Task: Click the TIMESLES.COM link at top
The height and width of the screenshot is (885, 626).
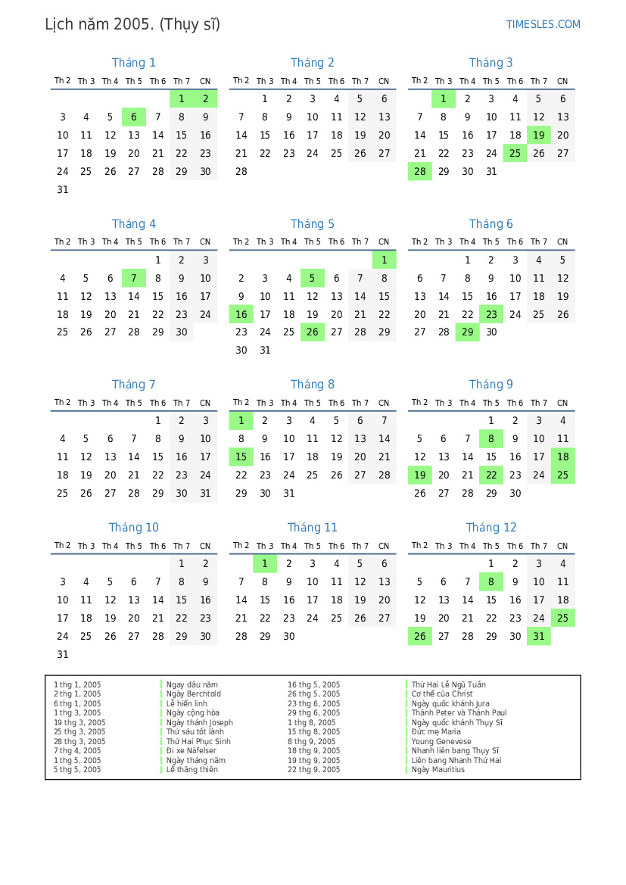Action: (x=543, y=24)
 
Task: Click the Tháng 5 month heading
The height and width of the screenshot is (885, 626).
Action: (x=312, y=224)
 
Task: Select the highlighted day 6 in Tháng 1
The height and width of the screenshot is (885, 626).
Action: (x=134, y=117)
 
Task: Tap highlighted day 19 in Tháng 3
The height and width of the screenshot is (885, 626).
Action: (x=539, y=136)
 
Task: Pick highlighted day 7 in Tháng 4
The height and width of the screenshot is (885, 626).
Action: (x=134, y=279)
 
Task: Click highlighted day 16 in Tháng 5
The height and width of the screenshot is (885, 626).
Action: (x=241, y=315)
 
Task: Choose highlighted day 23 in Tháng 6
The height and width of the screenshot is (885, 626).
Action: (x=491, y=315)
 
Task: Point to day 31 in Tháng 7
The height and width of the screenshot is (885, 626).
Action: (x=205, y=494)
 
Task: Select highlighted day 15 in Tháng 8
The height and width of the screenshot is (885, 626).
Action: (x=241, y=457)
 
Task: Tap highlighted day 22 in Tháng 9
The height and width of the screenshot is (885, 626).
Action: (x=491, y=475)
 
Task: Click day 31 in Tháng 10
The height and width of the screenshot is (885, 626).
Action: (x=63, y=655)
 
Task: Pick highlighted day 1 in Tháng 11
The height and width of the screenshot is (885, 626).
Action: (x=265, y=564)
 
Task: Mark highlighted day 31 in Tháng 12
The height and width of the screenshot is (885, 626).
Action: (x=539, y=637)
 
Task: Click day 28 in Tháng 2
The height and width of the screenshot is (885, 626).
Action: (x=241, y=172)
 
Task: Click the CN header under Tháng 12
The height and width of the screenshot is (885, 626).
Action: (x=562, y=546)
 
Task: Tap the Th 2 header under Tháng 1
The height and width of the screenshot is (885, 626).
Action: (x=63, y=81)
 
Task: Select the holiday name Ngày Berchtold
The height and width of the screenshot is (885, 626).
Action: (x=194, y=694)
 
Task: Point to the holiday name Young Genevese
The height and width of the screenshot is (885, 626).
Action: (x=441, y=742)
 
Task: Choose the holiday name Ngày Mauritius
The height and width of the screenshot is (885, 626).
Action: (x=438, y=770)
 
